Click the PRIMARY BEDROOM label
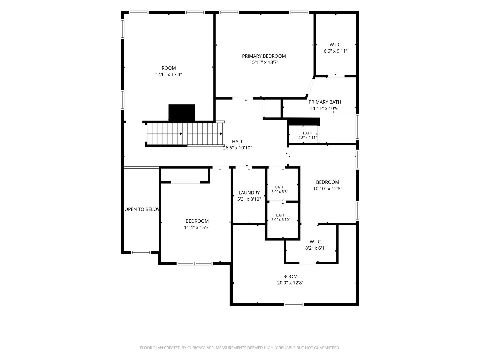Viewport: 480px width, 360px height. pyautogui.click(x=264, y=56)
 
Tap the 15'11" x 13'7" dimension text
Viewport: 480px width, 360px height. pyautogui.click(x=264, y=63)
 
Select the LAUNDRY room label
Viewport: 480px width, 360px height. pyautogui.click(x=249, y=193)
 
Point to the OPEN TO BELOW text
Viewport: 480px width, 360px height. pyautogui.click(x=142, y=209)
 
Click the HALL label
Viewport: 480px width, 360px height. pyautogui.click(x=237, y=142)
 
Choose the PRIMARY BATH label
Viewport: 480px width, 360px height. pyautogui.click(x=325, y=102)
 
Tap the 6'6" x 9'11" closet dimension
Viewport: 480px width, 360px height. pyautogui.click(x=336, y=51)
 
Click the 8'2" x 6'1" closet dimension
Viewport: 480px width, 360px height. pyautogui.click(x=316, y=248)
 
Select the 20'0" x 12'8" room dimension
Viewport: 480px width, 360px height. pyautogui.click(x=290, y=283)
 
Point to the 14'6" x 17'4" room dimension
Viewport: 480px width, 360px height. pyautogui.click(x=169, y=75)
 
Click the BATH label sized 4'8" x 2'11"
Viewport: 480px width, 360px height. pyautogui.click(x=307, y=133)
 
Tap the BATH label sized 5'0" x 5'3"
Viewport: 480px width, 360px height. pyautogui.click(x=280, y=187)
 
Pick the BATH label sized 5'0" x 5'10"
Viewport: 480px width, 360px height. pyautogui.click(x=281, y=215)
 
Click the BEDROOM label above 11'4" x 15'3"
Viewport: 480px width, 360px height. pyautogui.click(x=197, y=221)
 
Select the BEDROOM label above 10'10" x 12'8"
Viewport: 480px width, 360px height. pyautogui.click(x=328, y=182)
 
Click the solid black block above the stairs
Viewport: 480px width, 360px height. pyautogui.click(x=182, y=113)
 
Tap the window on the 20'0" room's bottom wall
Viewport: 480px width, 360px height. pyautogui.click(x=294, y=304)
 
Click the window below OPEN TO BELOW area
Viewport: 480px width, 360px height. pyautogui.click(x=141, y=252)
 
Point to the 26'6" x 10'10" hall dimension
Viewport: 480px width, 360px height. pyautogui.click(x=237, y=148)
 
